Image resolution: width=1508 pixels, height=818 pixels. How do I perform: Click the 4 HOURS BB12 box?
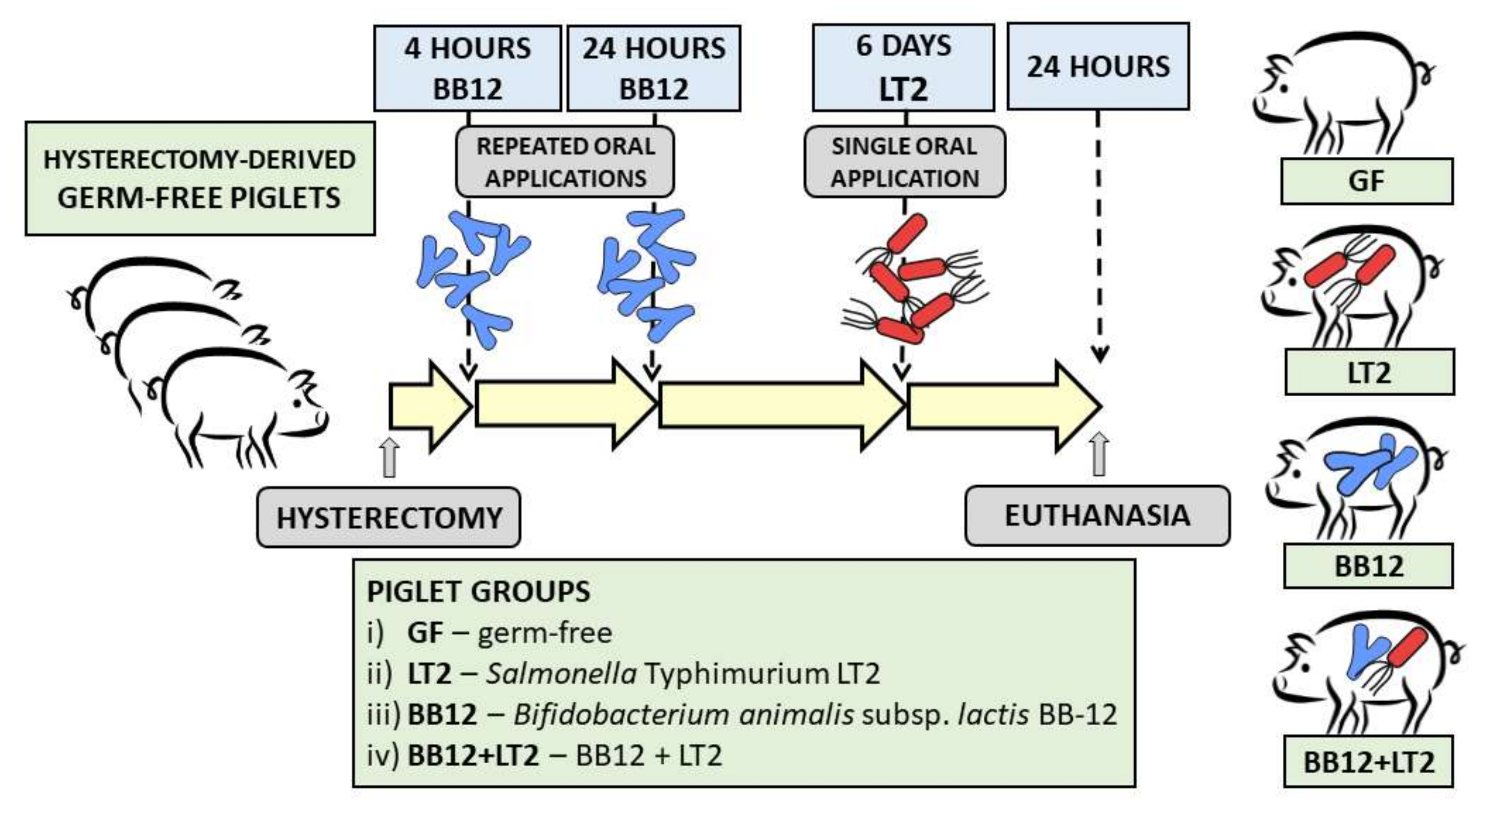(467, 68)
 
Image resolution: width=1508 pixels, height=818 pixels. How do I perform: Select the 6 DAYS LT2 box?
(903, 68)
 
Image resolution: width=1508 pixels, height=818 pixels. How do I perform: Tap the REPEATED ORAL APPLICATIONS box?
(565, 162)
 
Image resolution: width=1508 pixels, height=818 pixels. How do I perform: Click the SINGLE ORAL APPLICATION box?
(904, 162)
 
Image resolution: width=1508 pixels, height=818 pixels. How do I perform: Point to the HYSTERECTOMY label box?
(389, 517)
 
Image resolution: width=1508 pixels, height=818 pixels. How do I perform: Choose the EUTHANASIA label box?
(1097, 516)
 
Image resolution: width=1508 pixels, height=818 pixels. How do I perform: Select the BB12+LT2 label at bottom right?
(1368, 762)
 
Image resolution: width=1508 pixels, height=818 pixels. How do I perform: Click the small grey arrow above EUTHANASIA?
(1100, 454)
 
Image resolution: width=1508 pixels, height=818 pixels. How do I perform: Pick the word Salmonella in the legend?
(561, 673)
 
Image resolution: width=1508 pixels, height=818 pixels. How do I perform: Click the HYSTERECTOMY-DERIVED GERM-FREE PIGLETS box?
(200, 178)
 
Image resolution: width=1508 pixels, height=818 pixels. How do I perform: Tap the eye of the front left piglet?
(298, 403)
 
